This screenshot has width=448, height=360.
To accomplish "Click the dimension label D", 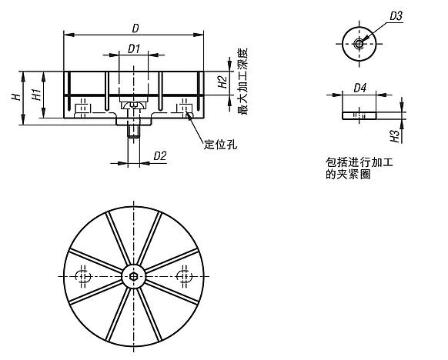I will pyautogui.click(x=135, y=28).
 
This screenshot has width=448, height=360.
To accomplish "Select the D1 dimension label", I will pyautogui.click(x=133, y=48).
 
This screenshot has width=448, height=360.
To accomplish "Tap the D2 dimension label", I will pyautogui.click(x=160, y=156).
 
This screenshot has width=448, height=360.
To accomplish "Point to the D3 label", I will pyautogui.click(x=396, y=15).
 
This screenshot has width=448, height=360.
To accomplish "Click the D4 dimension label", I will pyautogui.click(x=359, y=88).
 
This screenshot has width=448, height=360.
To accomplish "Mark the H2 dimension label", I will pyautogui.click(x=221, y=82).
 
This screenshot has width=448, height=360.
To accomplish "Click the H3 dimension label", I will pyautogui.click(x=395, y=135).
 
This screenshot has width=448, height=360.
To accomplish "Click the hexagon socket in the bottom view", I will pyautogui.click(x=134, y=276).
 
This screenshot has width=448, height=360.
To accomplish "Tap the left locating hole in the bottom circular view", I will pyautogui.click(x=84, y=276).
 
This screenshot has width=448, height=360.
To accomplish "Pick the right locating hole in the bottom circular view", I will pyautogui.click(x=184, y=276).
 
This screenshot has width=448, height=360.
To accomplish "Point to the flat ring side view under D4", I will pyautogui.click(x=359, y=114).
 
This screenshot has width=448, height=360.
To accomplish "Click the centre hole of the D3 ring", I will pyautogui.click(x=359, y=43).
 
